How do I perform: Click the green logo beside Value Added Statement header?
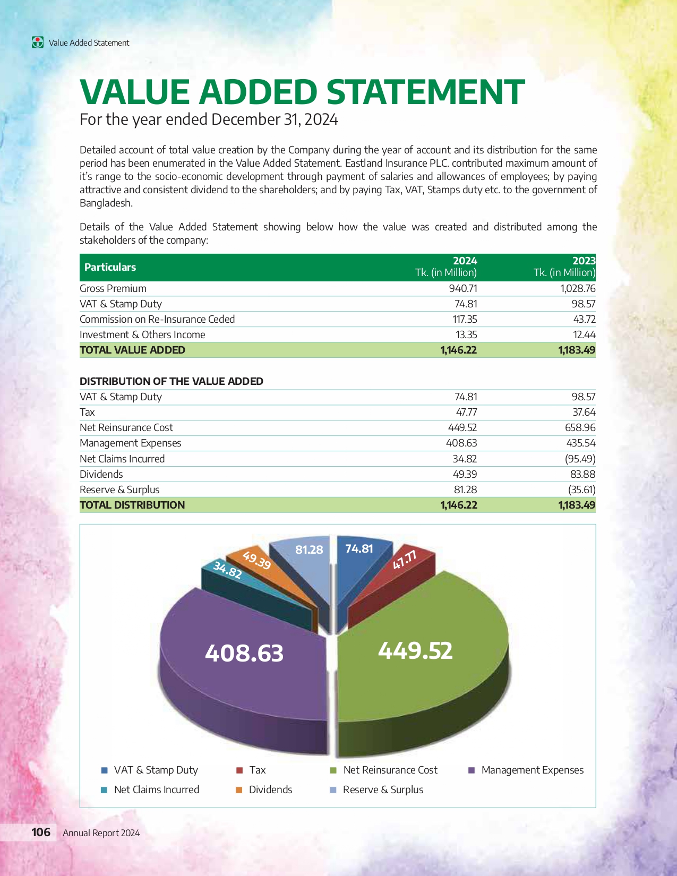click(38, 42)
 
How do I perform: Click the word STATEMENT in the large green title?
click(425, 92)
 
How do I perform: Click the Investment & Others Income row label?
click(142, 334)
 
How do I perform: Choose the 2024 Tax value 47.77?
click(466, 412)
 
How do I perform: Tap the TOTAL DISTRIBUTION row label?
click(132, 505)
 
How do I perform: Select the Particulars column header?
click(110, 267)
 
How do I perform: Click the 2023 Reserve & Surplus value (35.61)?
click(581, 489)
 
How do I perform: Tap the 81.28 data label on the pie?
click(309, 549)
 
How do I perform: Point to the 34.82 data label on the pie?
click(227, 570)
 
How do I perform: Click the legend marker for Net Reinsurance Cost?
click(333, 770)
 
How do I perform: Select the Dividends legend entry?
click(270, 789)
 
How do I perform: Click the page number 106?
click(41, 832)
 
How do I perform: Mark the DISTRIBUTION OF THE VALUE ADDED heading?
click(172, 381)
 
